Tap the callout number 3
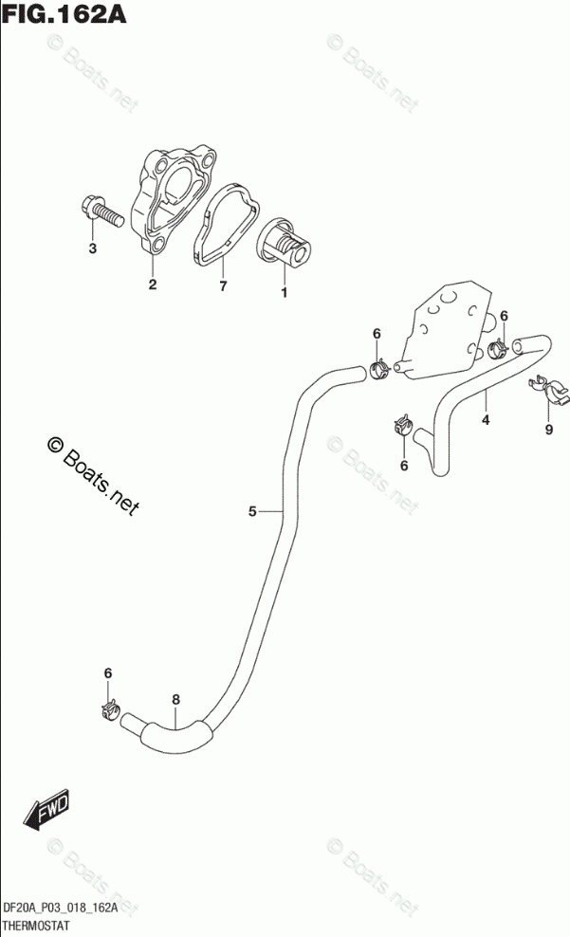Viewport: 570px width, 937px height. (92, 249)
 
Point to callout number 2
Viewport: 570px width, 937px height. (152, 285)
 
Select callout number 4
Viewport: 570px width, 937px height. (484, 420)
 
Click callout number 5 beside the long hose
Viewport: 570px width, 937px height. (252, 512)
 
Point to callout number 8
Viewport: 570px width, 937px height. (175, 701)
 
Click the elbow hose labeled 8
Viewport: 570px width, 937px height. (175, 734)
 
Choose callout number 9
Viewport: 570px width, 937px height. (548, 430)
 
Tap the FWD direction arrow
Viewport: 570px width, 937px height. (42, 812)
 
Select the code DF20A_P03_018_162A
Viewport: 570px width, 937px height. (61, 909)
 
